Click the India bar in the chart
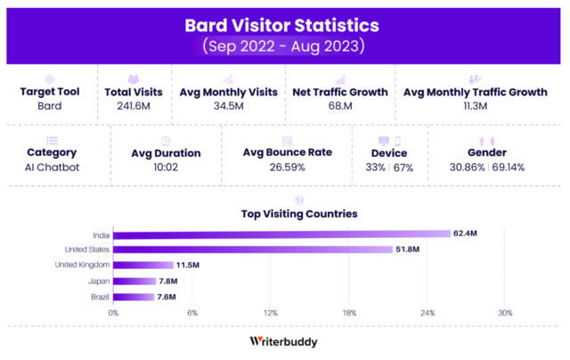pyautogui.click(x=281, y=234)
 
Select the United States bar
pyautogui.click(x=253, y=250)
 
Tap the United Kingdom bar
pyautogui.click(x=142, y=265)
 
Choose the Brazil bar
pyautogui.click(x=134, y=296)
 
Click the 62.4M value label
pyautogui.click(x=465, y=234)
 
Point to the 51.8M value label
pyautogui.click(x=408, y=250)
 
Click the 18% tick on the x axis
pyautogui.click(x=349, y=313)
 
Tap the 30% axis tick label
pyautogui.click(x=505, y=313)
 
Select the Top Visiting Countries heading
pyautogui.click(x=299, y=214)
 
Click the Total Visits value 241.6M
pyautogui.click(x=133, y=107)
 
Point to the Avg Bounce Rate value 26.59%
pyautogui.click(x=287, y=167)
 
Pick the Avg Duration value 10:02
pyautogui.click(x=165, y=167)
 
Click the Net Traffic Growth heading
pyautogui.click(x=340, y=92)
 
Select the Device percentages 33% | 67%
pyautogui.click(x=389, y=167)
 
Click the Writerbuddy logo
pyautogui.click(x=284, y=341)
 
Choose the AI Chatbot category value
pyautogui.click(x=52, y=167)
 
